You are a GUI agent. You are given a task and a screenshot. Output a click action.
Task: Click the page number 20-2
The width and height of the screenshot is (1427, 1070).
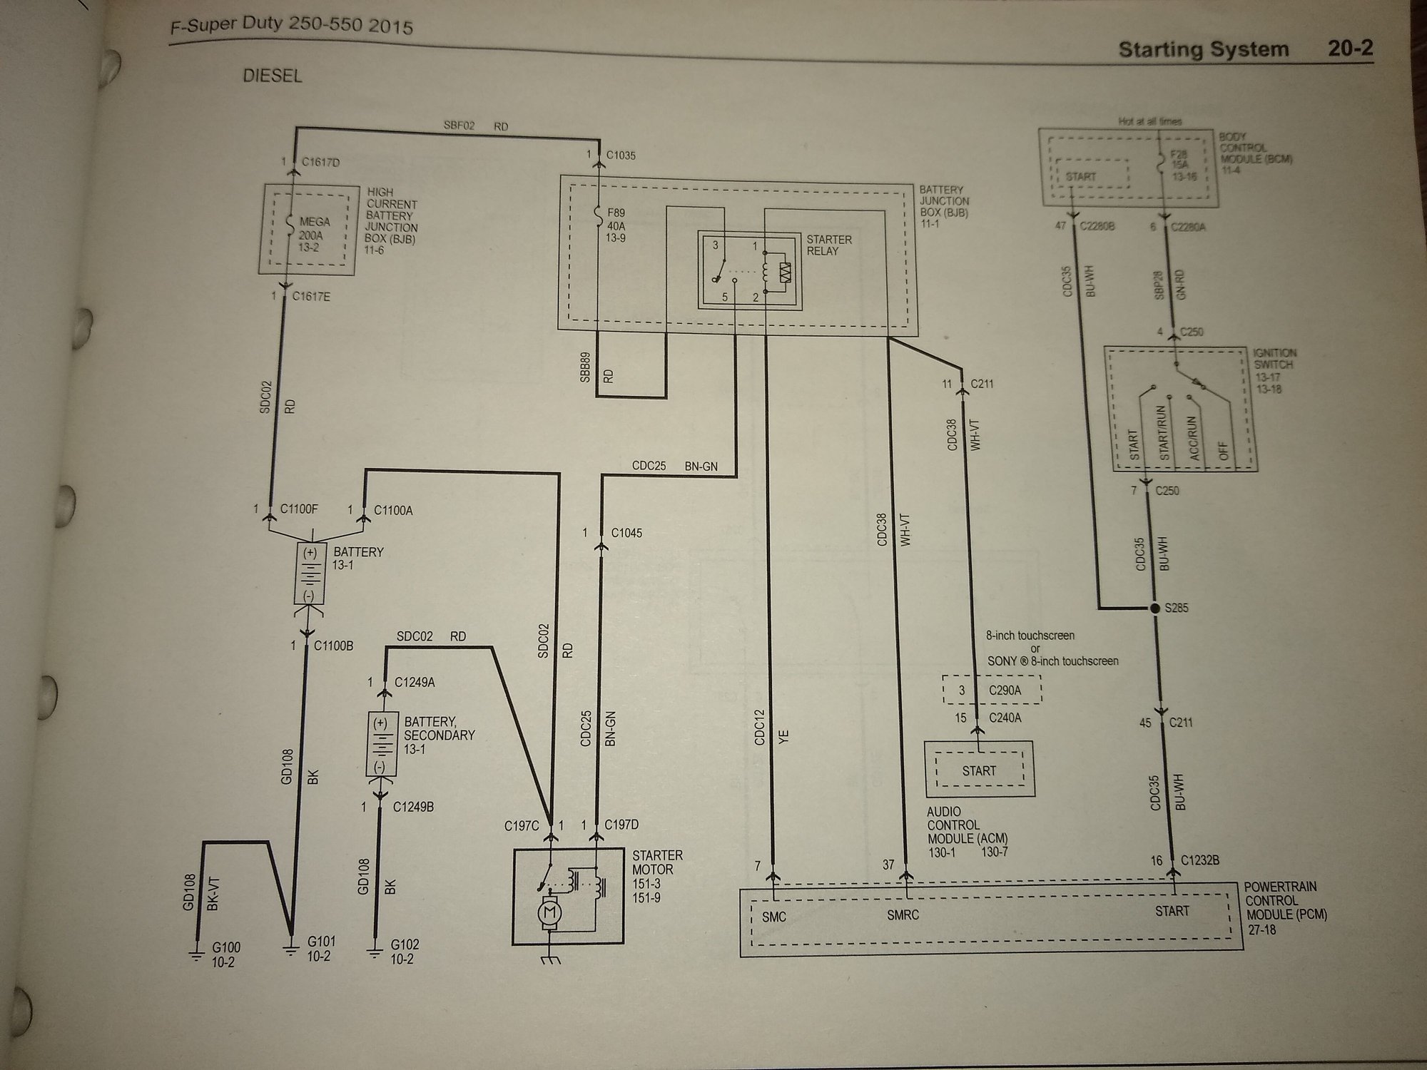pyautogui.click(x=1350, y=49)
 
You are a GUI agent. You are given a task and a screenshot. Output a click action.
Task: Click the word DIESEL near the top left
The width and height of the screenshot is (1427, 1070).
pyautogui.click(x=273, y=76)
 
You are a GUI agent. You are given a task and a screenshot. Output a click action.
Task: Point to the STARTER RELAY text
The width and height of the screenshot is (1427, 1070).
pyautogui.click(x=829, y=245)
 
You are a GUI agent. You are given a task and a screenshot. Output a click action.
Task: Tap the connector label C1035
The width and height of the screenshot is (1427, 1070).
pyautogui.click(x=620, y=156)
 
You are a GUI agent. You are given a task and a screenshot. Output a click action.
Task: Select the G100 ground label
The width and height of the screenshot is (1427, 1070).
pyautogui.click(x=226, y=954)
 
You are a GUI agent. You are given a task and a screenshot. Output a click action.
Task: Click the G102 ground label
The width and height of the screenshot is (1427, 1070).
pyautogui.click(x=405, y=952)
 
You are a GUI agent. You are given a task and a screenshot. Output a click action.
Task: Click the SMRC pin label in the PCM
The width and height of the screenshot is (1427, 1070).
pyautogui.click(x=903, y=914)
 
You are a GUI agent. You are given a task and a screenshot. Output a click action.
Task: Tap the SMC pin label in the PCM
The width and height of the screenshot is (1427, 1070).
pyautogui.click(x=773, y=916)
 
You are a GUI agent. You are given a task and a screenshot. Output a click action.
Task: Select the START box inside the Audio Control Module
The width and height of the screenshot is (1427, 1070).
pyautogui.click(x=978, y=771)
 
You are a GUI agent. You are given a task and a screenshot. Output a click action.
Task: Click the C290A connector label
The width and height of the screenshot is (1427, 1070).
pyautogui.click(x=1005, y=691)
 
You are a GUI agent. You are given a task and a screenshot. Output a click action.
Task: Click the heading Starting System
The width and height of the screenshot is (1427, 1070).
pyautogui.click(x=1203, y=50)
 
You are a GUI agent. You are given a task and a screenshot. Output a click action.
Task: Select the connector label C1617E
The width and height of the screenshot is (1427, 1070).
pyautogui.click(x=311, y=296)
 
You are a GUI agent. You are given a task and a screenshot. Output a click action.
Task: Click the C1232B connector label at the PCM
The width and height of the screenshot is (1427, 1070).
pyautogui.click(x=1199, y=861)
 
